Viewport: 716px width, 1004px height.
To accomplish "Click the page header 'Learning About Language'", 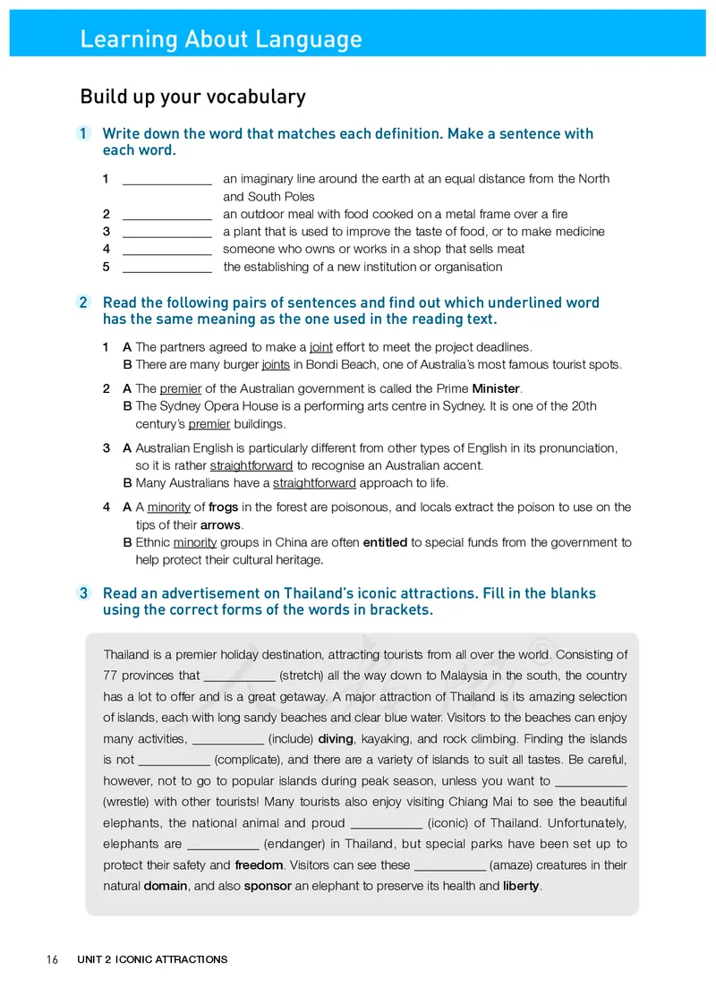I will click(x=221, y=39).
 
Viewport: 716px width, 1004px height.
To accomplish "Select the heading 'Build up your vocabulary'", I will click(x=192, y=97).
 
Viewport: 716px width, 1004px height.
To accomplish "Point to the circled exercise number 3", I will click(x=83, y=593).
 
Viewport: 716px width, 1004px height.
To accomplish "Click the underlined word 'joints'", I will click(x=276, y=364).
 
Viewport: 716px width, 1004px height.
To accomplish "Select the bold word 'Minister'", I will click(x=496, y=388).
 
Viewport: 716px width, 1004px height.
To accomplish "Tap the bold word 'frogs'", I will click(x=223, y=507).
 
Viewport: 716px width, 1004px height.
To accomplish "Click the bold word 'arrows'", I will click(x=221, y=525).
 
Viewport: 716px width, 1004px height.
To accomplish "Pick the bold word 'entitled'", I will click(x=385, y=542).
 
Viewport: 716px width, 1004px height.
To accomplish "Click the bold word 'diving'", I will click(x=336, y=739).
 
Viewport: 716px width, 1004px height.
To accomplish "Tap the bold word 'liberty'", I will click(x=521, y=887).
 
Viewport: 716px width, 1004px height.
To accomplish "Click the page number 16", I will click(x=52, y=960).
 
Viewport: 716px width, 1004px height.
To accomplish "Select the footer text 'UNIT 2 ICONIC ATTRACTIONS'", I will click(x=152, y=960).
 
